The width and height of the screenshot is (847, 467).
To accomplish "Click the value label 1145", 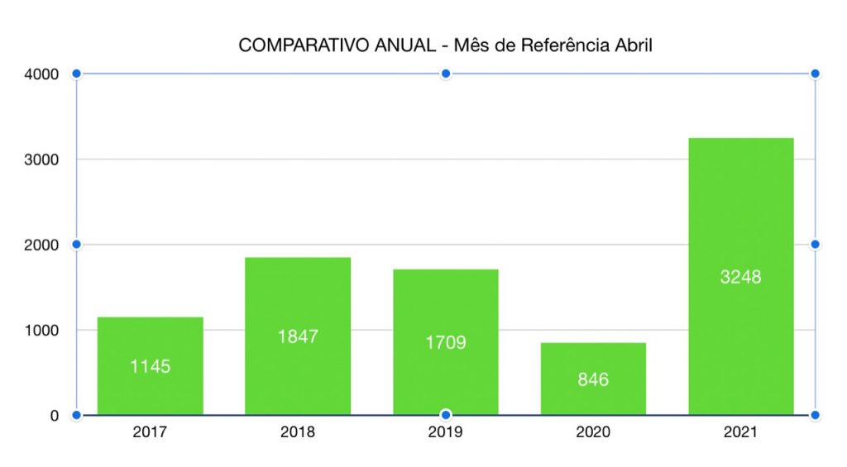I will (x=150, y=366).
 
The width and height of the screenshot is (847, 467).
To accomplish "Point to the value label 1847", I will (x=298, y=336).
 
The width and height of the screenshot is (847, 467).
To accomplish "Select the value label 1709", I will (x=446, y=342).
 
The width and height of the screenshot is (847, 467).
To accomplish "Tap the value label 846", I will (x=593, y=379).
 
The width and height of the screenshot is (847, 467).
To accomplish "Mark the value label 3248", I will (x=740, y=277).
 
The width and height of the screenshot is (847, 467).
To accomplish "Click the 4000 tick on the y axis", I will (x=42, y=74).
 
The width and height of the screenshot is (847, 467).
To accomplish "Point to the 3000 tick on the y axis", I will (x=42, y=160).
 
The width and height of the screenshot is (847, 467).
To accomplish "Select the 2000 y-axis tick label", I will (x=42, y=245).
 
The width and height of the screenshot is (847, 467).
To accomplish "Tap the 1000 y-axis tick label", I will (x=42, y=331).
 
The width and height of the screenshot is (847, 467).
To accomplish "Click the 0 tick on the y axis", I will (x=55, y=416).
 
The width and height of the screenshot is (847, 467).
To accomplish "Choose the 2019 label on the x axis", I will (x=446, y=432).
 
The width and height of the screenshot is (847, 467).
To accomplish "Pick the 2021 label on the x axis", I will (x=740, y=432).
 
